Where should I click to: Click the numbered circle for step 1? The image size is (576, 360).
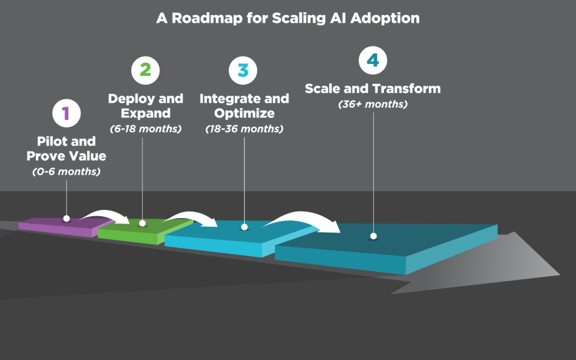66,113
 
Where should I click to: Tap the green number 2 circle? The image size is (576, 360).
146,70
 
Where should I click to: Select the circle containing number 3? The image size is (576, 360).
243,70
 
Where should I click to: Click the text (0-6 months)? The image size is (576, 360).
66,172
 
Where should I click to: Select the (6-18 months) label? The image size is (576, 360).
146,129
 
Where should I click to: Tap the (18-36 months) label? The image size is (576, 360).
244,129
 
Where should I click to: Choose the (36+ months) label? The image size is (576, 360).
373,104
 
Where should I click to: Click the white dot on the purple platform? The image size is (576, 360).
66,218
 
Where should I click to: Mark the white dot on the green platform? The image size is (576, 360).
142,223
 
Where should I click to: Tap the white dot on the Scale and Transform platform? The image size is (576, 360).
373,236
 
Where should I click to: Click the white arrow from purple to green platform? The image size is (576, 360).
105,215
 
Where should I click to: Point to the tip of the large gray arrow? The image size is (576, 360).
559,275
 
